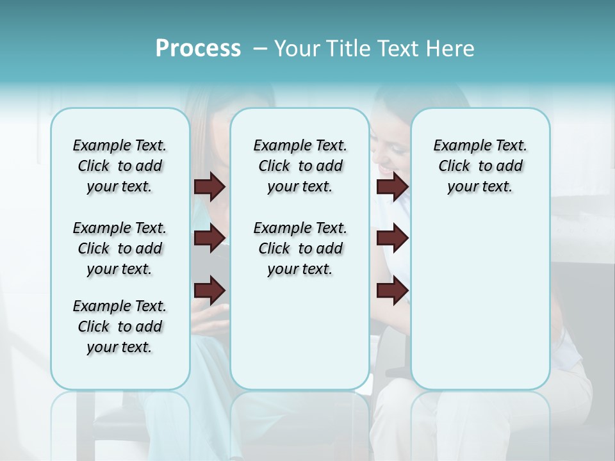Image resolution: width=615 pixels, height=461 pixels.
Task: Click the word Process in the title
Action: (x=198, y=49)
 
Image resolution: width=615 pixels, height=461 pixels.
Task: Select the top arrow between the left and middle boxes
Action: (x=209, y=186)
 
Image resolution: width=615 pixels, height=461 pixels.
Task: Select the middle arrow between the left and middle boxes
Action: (x=209, y=238)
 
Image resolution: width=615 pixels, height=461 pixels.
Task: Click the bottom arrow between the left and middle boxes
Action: (x=209, y=291)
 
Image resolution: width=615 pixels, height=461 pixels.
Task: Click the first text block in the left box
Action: (x=120, y=166)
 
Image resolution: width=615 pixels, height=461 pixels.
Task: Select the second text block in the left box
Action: (x=120, y=248)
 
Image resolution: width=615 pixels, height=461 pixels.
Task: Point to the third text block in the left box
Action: (x=120, y=327)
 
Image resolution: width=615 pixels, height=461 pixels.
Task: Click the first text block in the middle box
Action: (x=300, y=166)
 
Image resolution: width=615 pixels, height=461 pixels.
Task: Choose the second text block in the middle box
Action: (x=300, y=248)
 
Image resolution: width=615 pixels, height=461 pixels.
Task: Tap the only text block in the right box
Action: (x=480, y=166)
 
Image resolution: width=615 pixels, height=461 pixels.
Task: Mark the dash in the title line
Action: (x=259, y=49)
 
